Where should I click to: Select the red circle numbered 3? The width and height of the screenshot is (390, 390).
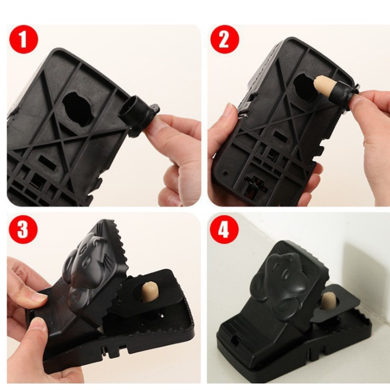(23, 228)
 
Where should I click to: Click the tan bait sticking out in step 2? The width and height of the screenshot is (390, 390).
(324, 88)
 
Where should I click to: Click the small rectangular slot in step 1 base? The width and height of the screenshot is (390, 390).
(47, 161)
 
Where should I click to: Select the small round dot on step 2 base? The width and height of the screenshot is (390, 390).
(226, 173)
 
